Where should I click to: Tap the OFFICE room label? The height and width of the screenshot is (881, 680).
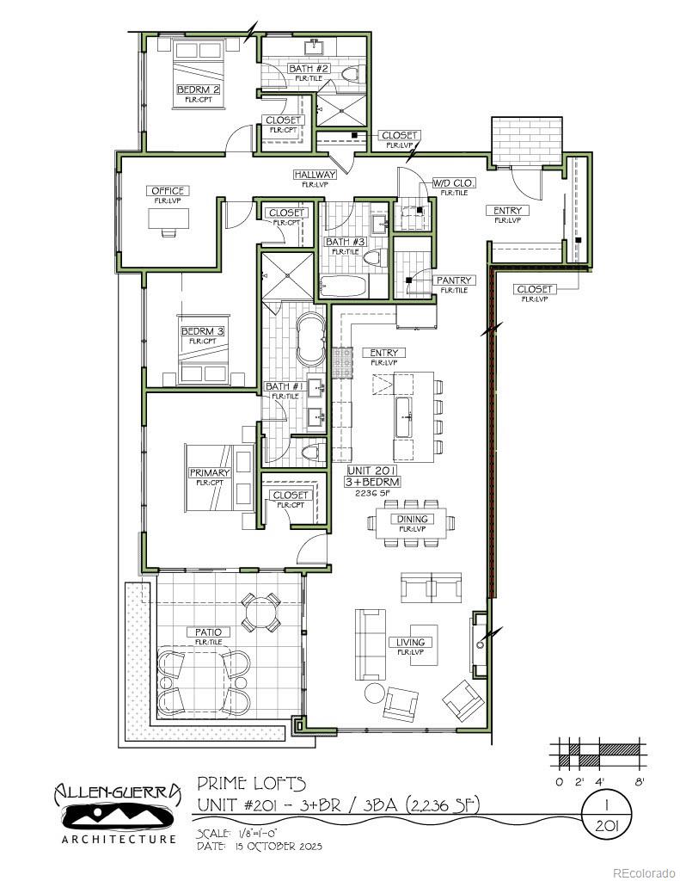pyautogui.click(x=167, y=191)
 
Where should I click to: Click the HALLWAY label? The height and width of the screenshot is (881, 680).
pyautogui.click(x=314, y=175)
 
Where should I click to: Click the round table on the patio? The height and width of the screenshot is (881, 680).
pyautogui.click(x=260, y=613)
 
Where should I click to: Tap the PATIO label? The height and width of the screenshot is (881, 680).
pyautogui.click(x=208, y=632)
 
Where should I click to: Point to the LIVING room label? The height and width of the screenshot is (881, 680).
pyautogui.click(x=410, y=643)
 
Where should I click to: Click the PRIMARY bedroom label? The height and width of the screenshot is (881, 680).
pyautogui.click(x=210, y=473)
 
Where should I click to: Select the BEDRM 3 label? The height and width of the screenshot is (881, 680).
pyautogui.click(x=203, y=331)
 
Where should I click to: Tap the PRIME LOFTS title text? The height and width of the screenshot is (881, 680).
pyautogui.click(x=251, y=783)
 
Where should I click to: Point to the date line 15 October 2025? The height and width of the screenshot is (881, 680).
pyautogui.click(x=259, y=847)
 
